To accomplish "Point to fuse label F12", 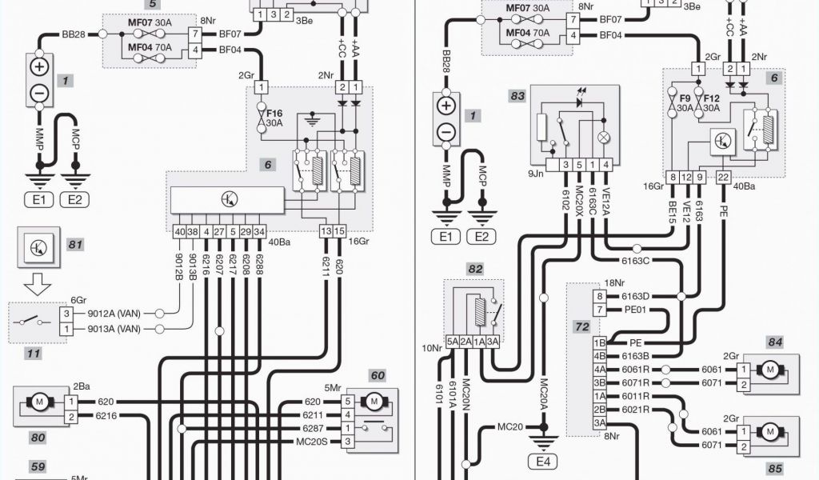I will pyautogui.click(x=712, y=98).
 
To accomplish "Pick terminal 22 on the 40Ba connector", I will pyautogui.click(x=723, y=177).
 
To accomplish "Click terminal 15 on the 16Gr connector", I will pyautogui.click(x=339, y=231).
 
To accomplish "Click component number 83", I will pyautogui.click(x=517, y=96).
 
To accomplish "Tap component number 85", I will pyautogui.click(x=774, y=470).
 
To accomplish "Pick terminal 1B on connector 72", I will pyautogui.click(x=599, y=342).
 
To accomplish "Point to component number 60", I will pyautogui.click(x=377, y=374).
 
